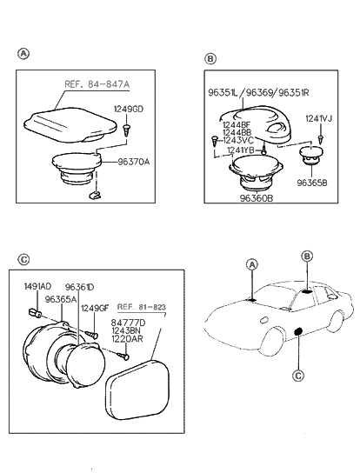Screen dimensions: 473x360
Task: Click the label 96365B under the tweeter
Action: [x=313, y=183]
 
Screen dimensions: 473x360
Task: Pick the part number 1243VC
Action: [x=239, y=140]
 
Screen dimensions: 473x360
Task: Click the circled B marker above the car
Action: [x=307, y=256]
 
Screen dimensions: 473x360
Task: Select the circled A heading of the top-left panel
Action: [x=23, y=53]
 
